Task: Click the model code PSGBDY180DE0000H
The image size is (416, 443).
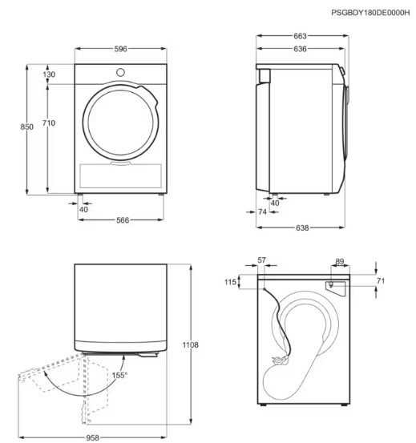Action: click(x=370, y=13)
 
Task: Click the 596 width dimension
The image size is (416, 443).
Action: click(x=121, y=49)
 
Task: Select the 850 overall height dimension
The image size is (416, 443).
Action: click(x=26, y=127)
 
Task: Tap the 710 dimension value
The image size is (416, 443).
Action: click(x=49, y=123)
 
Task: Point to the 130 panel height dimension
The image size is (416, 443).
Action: click(x=49, y=75)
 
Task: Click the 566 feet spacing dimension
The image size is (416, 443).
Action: click(x=123, y=220)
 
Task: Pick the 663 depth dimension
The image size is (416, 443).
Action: click(x=300, y=36)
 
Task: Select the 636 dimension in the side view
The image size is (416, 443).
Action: click(x=300, y=49)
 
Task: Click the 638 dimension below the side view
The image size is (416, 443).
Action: click(x=302, y=228)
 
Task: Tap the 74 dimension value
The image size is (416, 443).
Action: click(x=262, y=211)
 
